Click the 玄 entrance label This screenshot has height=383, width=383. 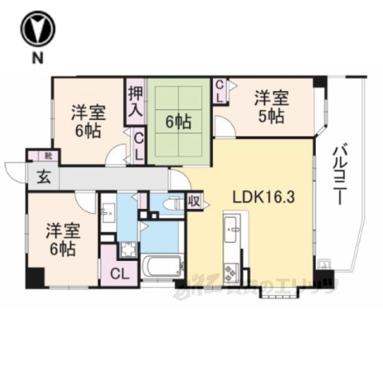pos(40,177)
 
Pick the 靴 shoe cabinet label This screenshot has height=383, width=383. pos(37,156)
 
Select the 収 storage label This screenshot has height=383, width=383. pos(193,202)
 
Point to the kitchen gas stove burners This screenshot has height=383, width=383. pos(230,273)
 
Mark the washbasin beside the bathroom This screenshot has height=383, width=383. pos(108,213)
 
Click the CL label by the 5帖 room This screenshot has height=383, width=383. pos(222,90)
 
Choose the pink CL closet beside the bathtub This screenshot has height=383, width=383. pos(120,274)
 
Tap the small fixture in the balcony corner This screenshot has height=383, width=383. pos(323,264)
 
